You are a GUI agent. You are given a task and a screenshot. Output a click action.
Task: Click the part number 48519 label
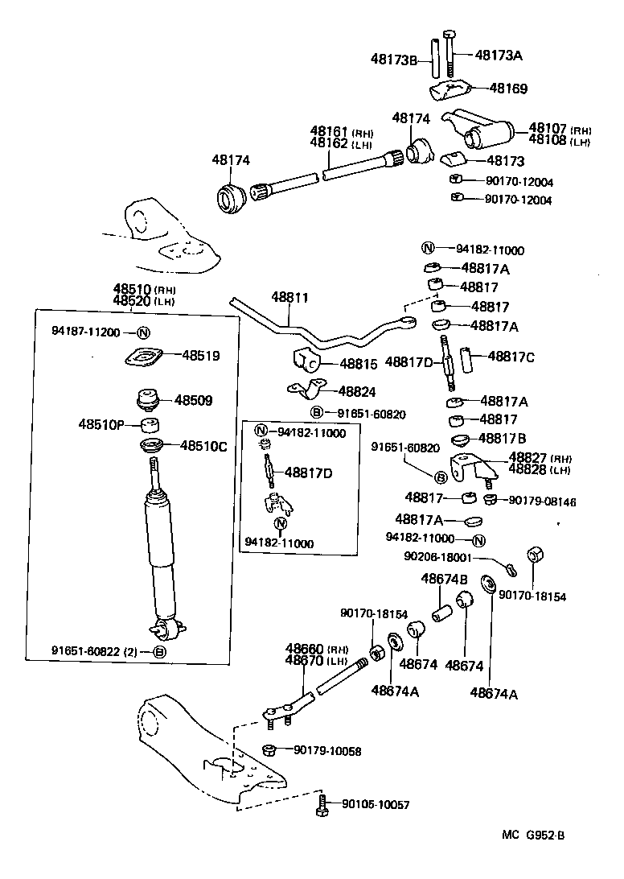click(201, 354)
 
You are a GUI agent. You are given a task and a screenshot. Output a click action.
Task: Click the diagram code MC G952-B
click(533, 836)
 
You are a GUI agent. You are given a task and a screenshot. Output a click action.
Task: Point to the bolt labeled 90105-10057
click(323, 804)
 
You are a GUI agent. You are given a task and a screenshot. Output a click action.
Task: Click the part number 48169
click(508, 89)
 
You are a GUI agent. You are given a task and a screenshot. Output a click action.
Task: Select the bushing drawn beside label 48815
click(306, 361)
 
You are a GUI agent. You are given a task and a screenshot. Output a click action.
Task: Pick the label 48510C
click(203, 445)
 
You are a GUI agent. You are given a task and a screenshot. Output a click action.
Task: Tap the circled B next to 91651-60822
click(160, 651)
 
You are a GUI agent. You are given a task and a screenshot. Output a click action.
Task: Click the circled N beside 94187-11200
click(143, 332)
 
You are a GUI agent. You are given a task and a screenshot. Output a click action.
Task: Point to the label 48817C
click(511, 356)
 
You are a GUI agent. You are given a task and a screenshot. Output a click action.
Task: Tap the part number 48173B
click(394, 58)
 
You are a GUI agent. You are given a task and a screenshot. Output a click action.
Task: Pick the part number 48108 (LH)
click(547, 141)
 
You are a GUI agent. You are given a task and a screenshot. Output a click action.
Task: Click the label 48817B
click(502, 438)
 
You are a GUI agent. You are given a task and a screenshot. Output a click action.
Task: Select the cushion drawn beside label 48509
click(147, 400)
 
